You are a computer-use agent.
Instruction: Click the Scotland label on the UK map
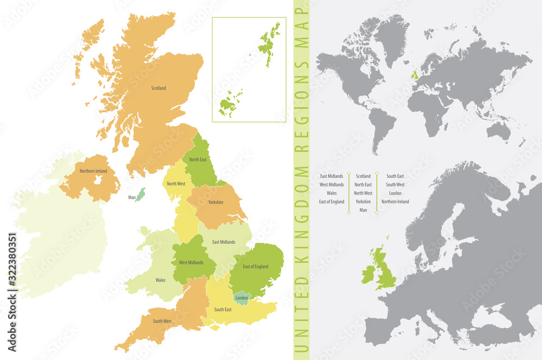(x=158, y=88)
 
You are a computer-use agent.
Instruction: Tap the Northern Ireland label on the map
(x=93, y=171)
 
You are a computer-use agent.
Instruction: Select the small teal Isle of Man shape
(x=140, y=194)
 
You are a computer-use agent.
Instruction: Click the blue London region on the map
(x=241, y=297)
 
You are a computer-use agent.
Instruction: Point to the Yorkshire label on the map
(x=215, y=202)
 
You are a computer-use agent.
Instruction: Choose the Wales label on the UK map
(x=160, y=280)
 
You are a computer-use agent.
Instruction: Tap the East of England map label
(x=255, y=266)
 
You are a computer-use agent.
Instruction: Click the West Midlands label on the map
(x=191, y=262)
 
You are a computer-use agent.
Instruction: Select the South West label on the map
(x=162, y=321)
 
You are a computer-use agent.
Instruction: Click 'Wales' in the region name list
(x=332, y=193)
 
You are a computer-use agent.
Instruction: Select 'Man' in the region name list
(x=363, y=210)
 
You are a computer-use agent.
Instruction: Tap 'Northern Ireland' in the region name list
(x=395, y=202)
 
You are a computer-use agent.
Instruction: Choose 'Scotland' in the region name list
(x=363, y=176)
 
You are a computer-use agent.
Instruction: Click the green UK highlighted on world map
(x=415, y=74)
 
